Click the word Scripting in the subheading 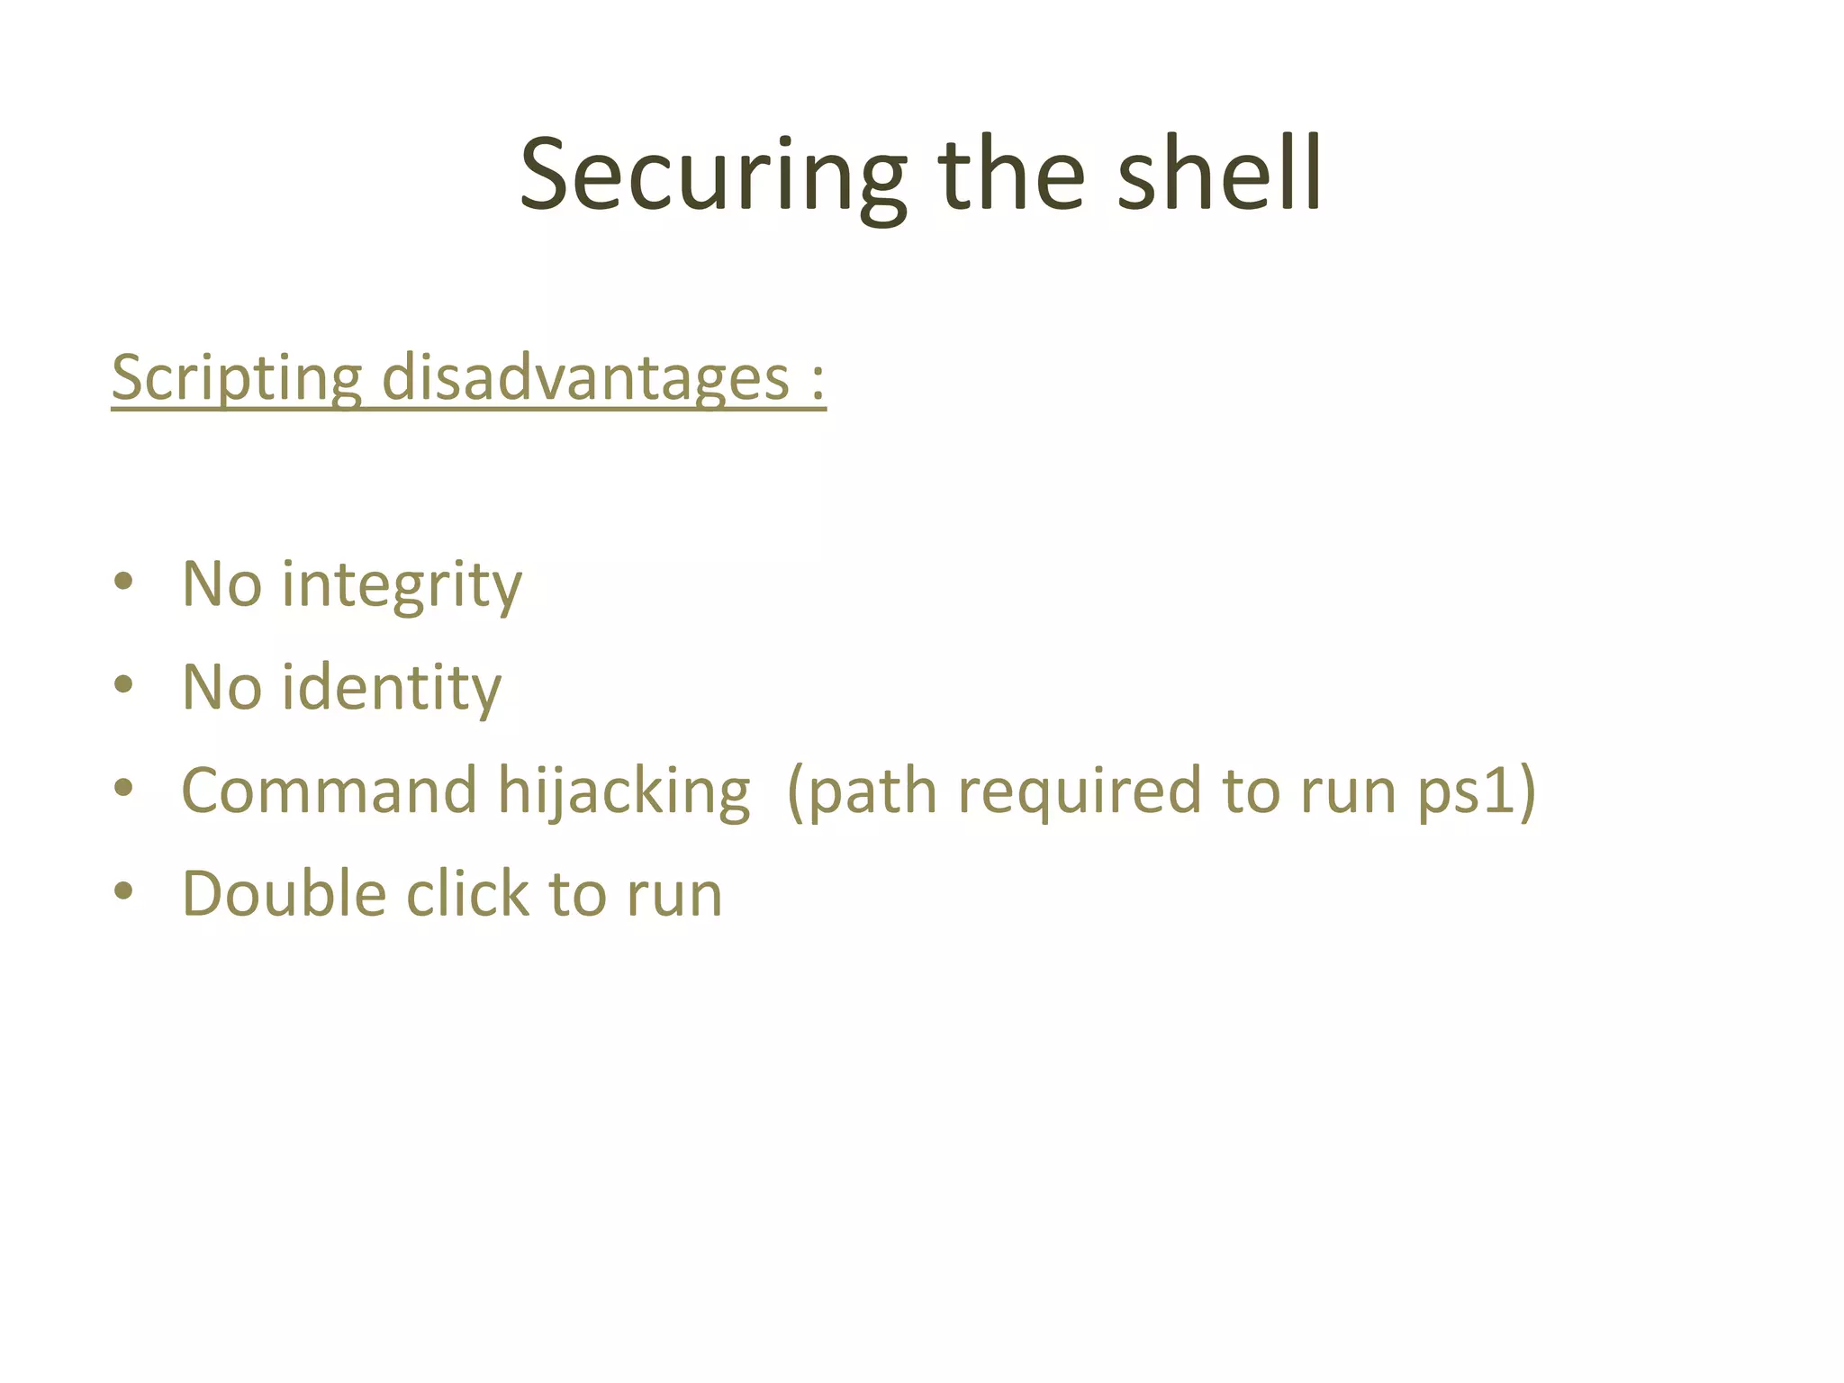[x=236, y=379]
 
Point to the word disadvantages [x=585, y=379]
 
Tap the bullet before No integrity [x=124, y=582]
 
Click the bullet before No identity [x=124, y=685]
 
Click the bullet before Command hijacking [x=124, y=788]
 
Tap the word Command [x=329, y=791]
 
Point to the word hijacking [x=623, y=793]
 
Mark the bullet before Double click [x=124, y=891]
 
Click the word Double [x=284, y=894]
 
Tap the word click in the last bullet [x=467, y=894]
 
